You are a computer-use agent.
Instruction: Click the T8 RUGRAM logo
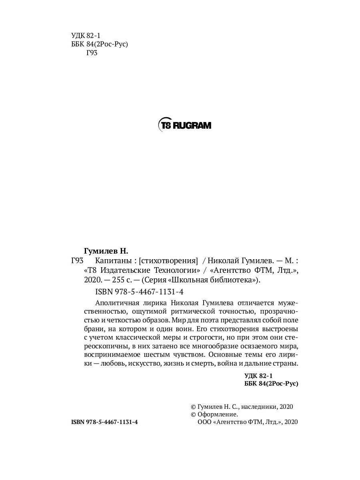[x=185, y=125]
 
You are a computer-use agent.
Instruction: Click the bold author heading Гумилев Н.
[x=106, y=251]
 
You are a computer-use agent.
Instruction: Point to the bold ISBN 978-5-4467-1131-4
[x=104, y=422]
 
